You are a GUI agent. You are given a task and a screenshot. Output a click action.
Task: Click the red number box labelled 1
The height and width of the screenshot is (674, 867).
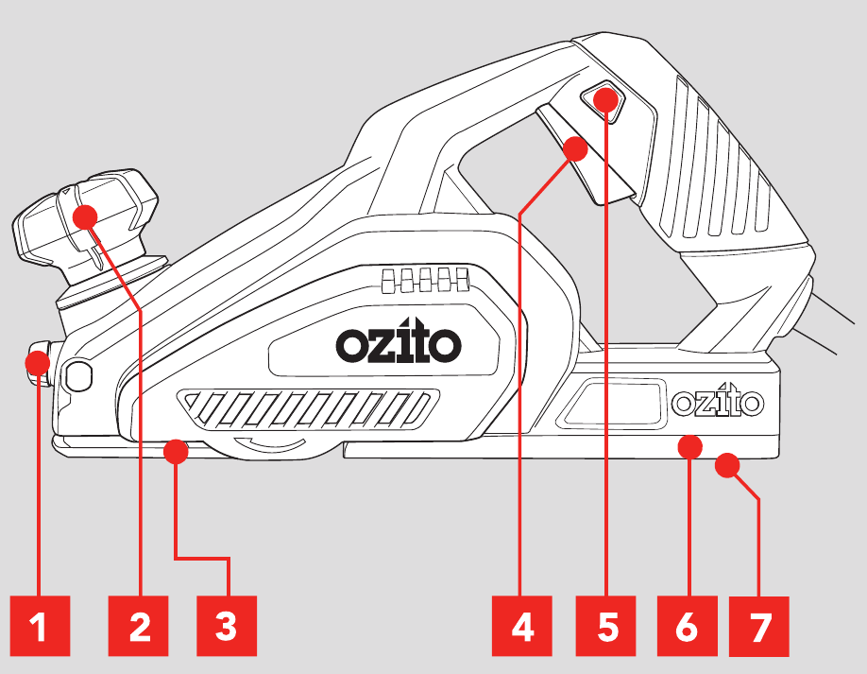tap(38, 627)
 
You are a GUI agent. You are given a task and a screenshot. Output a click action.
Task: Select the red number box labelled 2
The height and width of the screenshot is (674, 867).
tap(140, 627)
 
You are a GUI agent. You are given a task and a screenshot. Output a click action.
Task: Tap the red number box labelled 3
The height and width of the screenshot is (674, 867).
tap(226, 627)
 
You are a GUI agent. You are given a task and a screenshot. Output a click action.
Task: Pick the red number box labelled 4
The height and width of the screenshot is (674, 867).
tap(523, 627)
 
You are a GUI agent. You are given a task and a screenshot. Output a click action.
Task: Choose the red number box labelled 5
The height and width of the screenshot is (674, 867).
tap(607, 627)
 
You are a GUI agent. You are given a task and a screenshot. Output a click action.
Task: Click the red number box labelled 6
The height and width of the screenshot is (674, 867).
tap(687, 627)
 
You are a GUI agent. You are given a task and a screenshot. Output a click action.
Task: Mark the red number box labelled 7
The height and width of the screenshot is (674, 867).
tap(760, 627)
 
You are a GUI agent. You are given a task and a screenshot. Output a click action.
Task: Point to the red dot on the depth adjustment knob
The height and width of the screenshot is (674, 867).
tap(87, 216)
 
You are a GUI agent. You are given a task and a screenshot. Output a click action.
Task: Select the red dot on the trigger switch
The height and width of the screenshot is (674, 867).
tap(574, 148)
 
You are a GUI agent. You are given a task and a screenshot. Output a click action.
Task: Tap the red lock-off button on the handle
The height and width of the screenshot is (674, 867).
tap(604, 98)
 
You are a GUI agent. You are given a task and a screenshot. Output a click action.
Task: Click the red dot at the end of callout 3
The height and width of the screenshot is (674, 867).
tap(175, 453)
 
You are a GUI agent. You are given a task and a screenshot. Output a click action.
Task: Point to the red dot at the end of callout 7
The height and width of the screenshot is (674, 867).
tap(725, 464)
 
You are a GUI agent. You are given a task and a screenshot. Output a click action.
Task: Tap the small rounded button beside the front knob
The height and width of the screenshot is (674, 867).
tap(78, 375)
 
